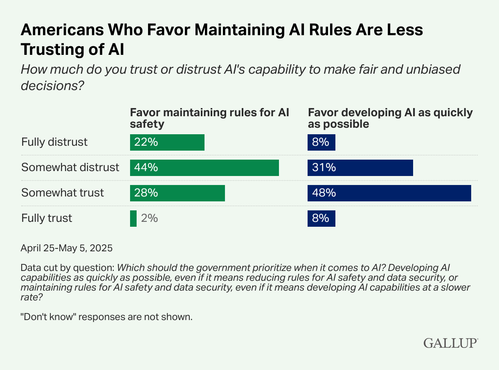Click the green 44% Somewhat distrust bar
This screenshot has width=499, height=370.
(204, 168)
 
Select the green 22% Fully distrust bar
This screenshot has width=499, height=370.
(167, 142)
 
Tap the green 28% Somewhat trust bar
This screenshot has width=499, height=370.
(177, 193)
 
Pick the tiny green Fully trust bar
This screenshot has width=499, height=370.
(133, 219)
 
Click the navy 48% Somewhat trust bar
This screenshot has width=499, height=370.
(389, 193)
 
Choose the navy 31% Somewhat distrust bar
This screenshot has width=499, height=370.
(360, 168)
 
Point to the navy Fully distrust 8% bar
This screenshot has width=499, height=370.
(321, 142)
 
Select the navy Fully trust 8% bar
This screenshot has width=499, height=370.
(321, 219)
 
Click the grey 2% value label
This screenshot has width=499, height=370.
(149, 219)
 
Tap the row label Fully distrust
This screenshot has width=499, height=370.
(54, 142)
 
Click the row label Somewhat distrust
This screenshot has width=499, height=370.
(70, 168)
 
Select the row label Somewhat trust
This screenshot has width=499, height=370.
(63, 193)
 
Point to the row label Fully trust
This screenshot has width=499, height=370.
(47, 219)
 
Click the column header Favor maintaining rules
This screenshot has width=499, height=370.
(209, 118)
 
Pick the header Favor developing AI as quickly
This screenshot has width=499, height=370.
(390, 118)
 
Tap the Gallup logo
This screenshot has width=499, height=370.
(450, 343)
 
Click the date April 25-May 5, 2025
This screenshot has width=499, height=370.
(66, 248)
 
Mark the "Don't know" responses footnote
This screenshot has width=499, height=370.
(106, 317)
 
